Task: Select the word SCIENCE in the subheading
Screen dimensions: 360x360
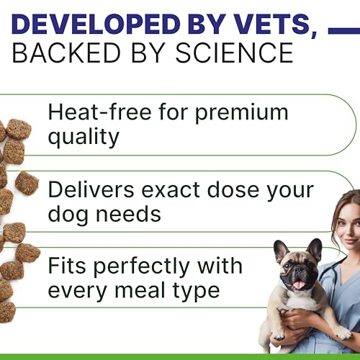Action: tap(234, 53)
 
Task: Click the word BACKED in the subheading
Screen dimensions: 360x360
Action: tap(66, 53)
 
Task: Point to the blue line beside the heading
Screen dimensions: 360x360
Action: tap(344, 31)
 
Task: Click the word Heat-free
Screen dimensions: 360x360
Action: tap(100, 112)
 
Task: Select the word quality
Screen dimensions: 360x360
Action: tap(84, 137)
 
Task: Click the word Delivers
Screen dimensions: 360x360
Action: tap(91, 189)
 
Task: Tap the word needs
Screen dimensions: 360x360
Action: tap(128, 215)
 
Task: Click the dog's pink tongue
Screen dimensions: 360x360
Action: tap(299, 285)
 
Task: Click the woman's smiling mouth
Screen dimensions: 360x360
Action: tap(352, 240)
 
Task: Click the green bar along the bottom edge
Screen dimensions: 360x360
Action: tap(180, 357)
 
